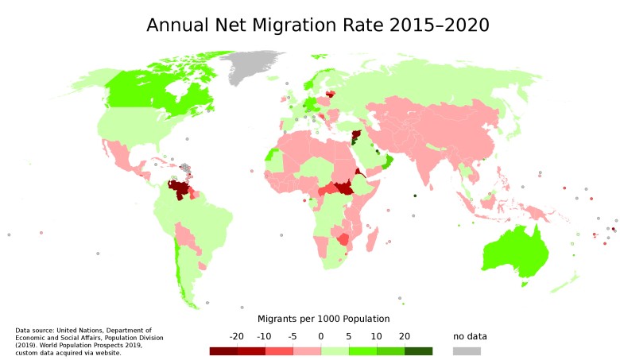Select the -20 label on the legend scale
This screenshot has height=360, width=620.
[x=236, y=336]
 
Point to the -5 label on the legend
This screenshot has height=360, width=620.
[x=293, y=336]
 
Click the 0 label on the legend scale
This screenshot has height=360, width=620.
[x=321, y=336]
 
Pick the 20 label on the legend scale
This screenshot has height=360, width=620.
[x=405, y=336]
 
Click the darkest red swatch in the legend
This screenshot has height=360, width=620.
[x=223, y=350]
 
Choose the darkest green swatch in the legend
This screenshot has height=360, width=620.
[x=419, y=350]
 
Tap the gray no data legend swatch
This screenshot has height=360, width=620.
[x=467, y=350]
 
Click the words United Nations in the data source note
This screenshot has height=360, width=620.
[x=83, y=330]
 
